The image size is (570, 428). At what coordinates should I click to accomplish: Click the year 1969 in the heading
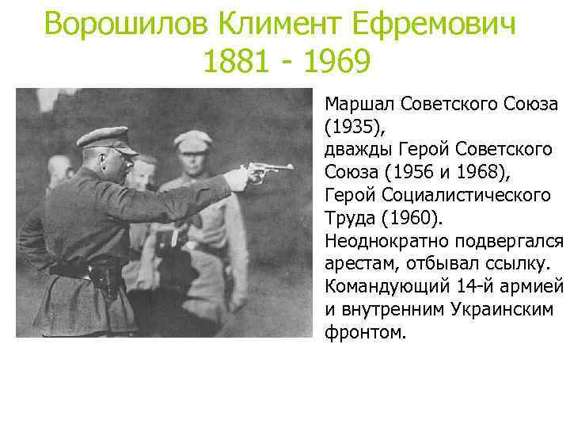(336, 62)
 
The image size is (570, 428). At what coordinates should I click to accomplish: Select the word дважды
(354, 149)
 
